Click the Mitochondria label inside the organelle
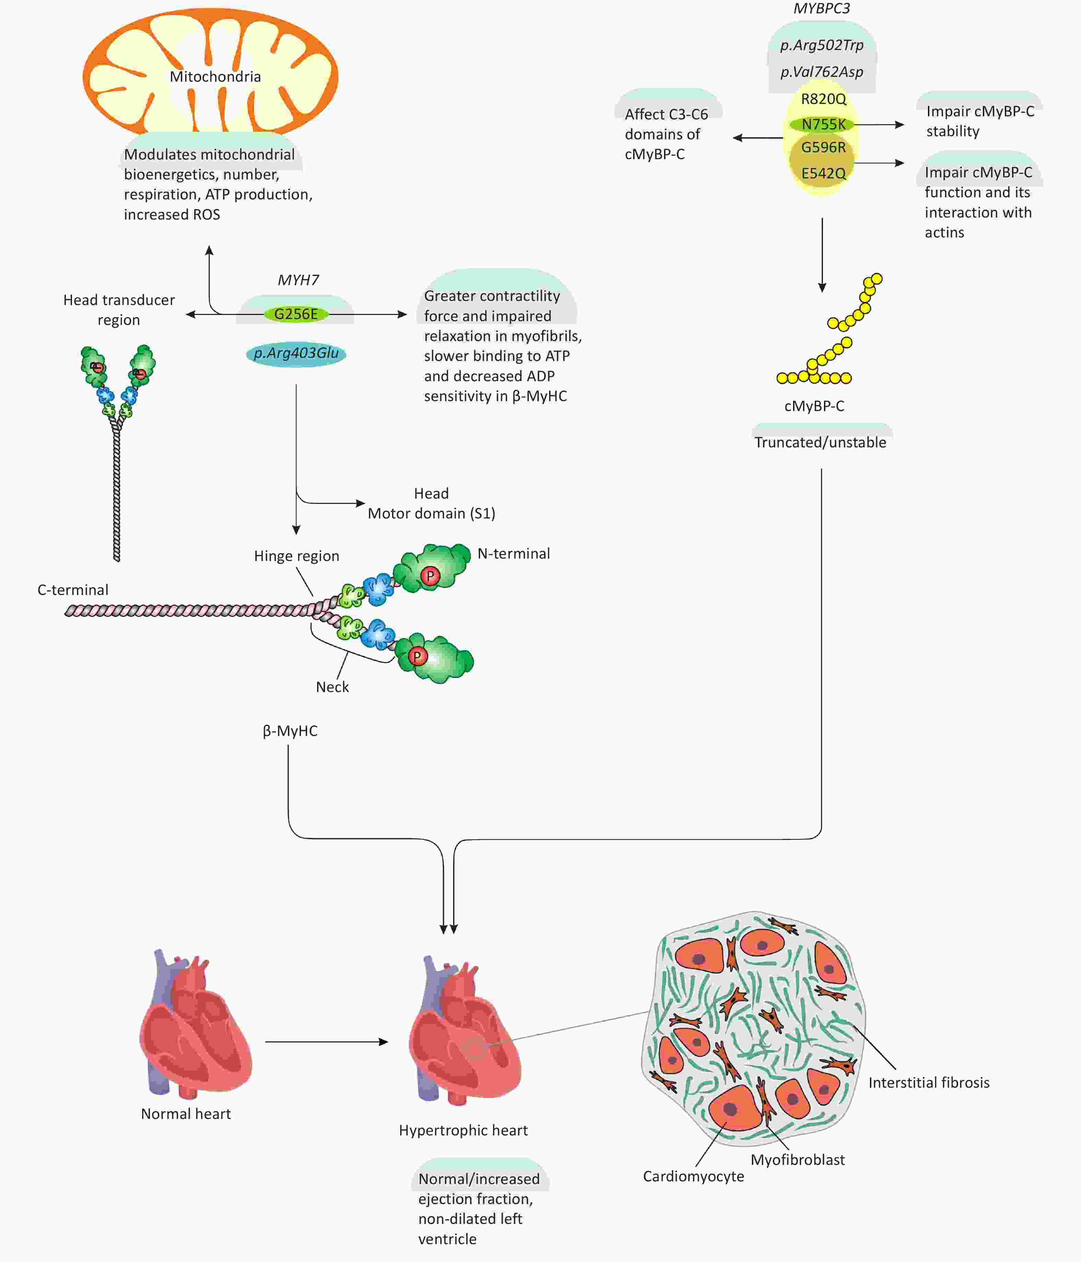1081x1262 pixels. click(215, 77)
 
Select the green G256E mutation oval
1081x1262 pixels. click(296, 314)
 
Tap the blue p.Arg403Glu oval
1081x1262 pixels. click(296, 353)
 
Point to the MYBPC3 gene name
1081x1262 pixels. click(822, 9)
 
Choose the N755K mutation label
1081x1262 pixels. click(823, 124)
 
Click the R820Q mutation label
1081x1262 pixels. click(823, 99)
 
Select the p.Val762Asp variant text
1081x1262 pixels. click(822, 72)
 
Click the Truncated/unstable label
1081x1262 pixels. click(820, 442)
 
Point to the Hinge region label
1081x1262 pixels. click(297, 556)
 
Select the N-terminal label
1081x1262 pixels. click(513, 554)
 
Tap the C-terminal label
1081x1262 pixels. click(73, 590)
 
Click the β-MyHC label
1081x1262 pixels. click(290, 731)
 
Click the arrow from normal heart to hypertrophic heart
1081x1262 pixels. click(326, 1042)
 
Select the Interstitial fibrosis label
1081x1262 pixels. click(929, 1082)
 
